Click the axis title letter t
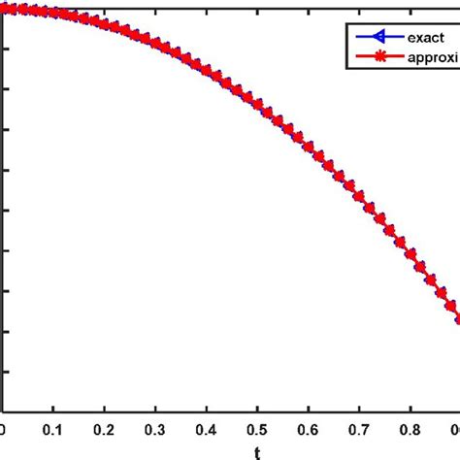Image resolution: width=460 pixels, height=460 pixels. tap(257, 450)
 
